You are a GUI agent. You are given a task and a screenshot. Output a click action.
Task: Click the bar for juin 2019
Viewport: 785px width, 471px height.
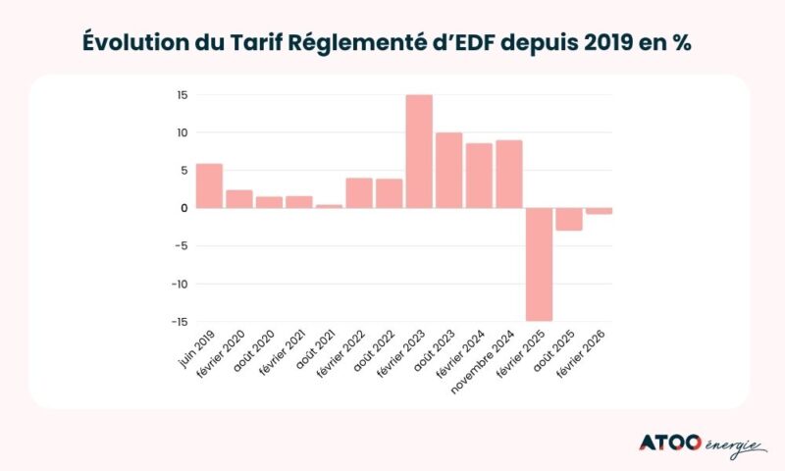pyautogui.click(x=209, y=185)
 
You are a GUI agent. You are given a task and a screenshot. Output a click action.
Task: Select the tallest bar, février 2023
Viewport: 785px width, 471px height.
pyautogui.click(x=419, y=151)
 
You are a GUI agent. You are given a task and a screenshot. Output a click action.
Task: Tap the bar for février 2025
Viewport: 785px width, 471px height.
pyautogui.click(x=539, y=264)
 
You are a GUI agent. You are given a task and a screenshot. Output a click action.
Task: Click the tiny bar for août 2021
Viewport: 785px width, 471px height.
pyautogui.click(x=329, y=206)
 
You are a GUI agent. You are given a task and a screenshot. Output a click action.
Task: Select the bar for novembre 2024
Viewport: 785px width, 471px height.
pyautogui.click(x=509, y=174)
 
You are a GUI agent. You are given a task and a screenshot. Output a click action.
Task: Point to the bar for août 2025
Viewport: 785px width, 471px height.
pyautogui.click(x=569, y=219)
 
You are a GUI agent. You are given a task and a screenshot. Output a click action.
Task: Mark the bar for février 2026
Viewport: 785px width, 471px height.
pyautogui.click(x=599, y=211)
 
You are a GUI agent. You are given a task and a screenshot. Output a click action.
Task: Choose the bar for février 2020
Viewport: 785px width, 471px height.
pyautogui.click(x=239, y=199)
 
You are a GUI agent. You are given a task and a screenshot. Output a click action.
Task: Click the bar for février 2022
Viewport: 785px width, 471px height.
pyautogui.click(x=359, y=193)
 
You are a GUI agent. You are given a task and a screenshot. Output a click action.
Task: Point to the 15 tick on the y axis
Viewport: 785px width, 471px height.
pyautogui.click(x=182, y=95)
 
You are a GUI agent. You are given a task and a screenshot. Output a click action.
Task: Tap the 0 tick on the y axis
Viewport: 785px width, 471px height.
pyautogui.click(x=183, y=208)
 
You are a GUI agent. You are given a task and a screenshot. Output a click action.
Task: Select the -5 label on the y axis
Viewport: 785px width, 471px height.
pyautogui.click(x=181, y=246)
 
